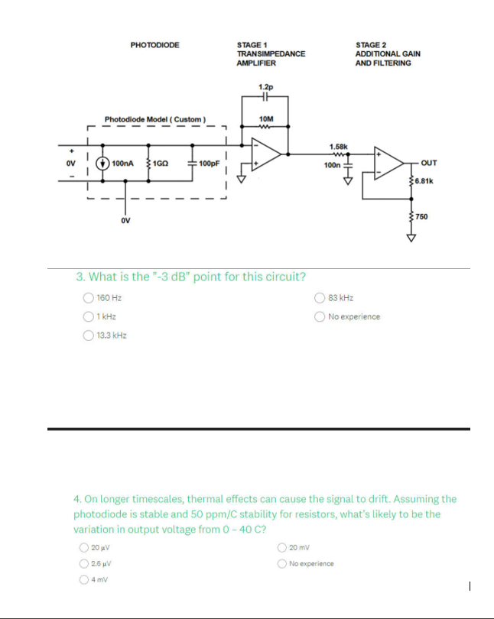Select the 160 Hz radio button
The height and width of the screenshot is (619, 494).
(89, 298)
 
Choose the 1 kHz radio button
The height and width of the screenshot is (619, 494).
(89, 316)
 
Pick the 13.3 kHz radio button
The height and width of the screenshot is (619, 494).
(89, 335)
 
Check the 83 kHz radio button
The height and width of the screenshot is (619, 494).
(320, 298)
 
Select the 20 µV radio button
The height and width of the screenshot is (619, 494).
(83, 547)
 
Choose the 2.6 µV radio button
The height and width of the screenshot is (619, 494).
(83, 564)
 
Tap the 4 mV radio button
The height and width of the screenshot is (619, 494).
(83, 580)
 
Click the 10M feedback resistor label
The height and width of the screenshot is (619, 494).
(265, 119)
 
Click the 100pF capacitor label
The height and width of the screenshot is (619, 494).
(209, 163)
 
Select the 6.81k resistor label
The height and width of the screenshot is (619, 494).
(425, 181)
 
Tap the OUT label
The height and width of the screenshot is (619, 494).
(430, 163)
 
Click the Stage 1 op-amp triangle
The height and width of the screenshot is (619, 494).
(265, 154)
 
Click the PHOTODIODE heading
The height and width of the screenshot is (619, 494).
(154, 45)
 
